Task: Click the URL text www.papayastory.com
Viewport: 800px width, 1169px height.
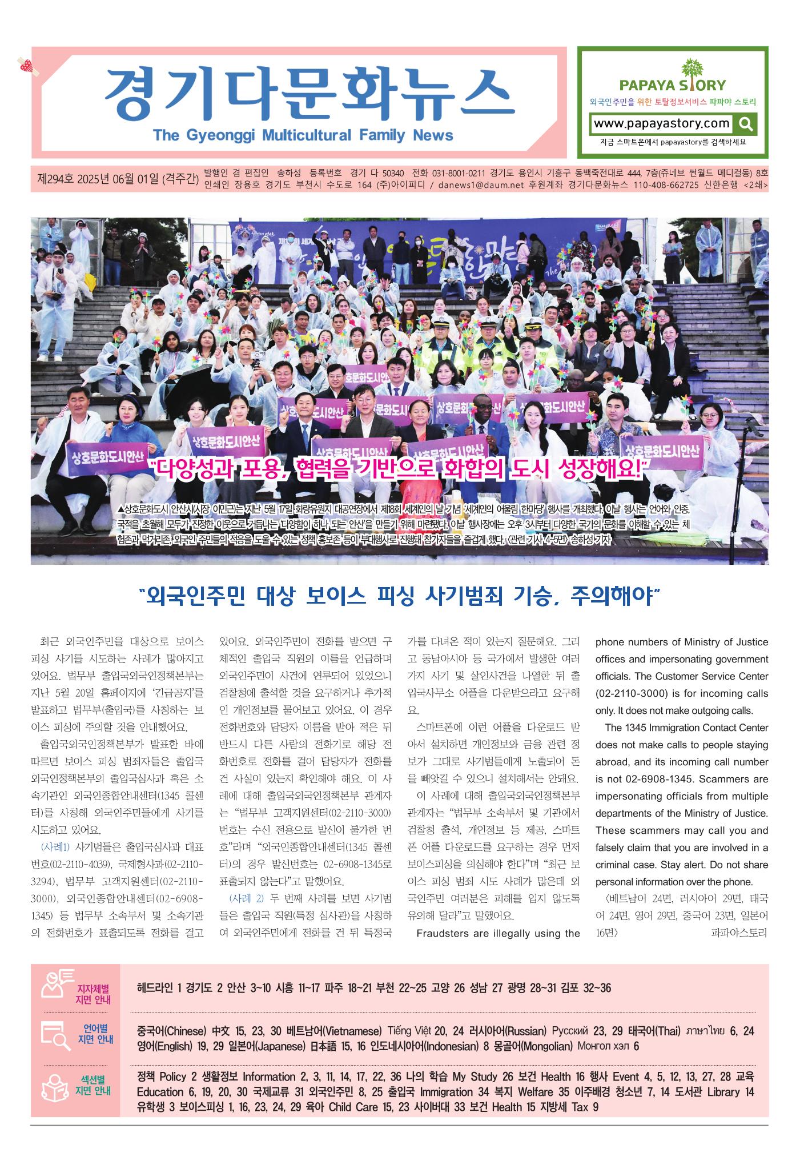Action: point(662,123)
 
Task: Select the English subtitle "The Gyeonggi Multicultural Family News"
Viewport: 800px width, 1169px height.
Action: point(303,135)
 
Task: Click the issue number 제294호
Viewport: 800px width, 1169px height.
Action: point(57,179)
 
